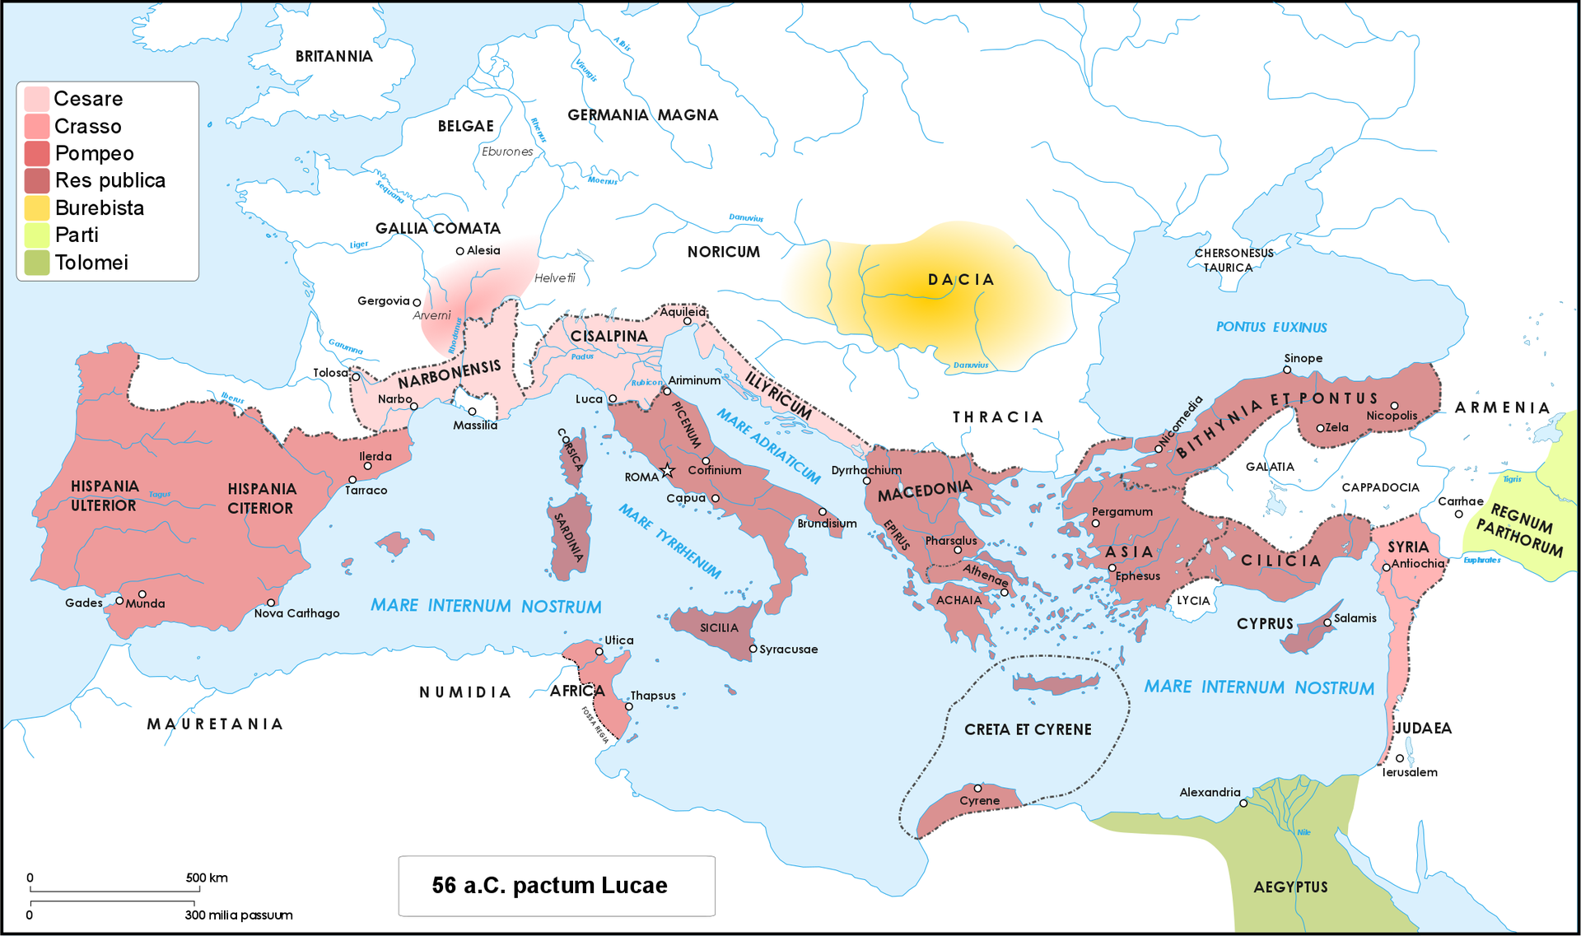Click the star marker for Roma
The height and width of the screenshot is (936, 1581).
(x=667, y=471)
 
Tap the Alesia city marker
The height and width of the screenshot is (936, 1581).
(x=460, y=251)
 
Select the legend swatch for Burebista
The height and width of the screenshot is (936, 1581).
(x=37, y=208)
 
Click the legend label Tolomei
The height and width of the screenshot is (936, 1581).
(x=91, y=263)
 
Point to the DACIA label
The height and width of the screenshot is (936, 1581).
(x=961, y=280)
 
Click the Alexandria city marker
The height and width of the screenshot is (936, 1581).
(x=1243, y=803)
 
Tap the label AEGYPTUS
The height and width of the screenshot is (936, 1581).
(x=1290, y=887)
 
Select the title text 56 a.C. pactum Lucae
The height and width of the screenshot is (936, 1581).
(x=549, y=886)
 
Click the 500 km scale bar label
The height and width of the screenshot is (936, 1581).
(x=207, y=878)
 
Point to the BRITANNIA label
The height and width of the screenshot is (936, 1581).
(x=333, y=56)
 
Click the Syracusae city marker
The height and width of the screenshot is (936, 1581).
(x=753, y=649)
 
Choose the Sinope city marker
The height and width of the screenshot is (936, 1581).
(x=1287, y=370)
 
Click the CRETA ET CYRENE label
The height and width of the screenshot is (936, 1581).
(x=1028, y=729)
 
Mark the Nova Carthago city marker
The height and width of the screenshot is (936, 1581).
(x=271, y=603)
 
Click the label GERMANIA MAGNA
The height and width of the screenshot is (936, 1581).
(x=642, y=115)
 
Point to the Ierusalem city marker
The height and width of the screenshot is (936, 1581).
(x=1400, y=758)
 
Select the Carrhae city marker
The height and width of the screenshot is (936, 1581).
(x=1458, y=514)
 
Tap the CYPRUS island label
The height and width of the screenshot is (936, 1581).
(x=1265, y=624)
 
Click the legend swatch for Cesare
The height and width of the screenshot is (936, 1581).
(x=37, y=99)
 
